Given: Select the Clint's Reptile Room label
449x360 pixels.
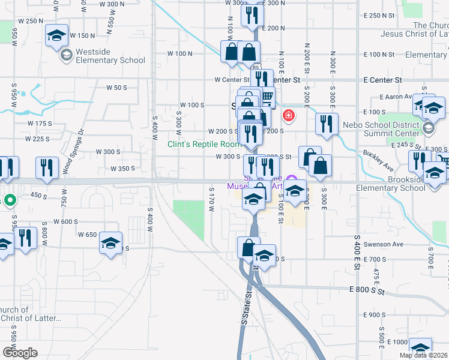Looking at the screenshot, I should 203,144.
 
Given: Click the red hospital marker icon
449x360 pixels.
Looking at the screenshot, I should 289,115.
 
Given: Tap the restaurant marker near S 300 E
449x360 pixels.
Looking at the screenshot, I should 327,124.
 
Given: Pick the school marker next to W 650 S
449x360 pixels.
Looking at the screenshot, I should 110,244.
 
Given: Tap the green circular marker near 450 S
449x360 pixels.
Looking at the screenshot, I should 9,200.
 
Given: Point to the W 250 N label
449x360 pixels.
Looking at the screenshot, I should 31,21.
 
